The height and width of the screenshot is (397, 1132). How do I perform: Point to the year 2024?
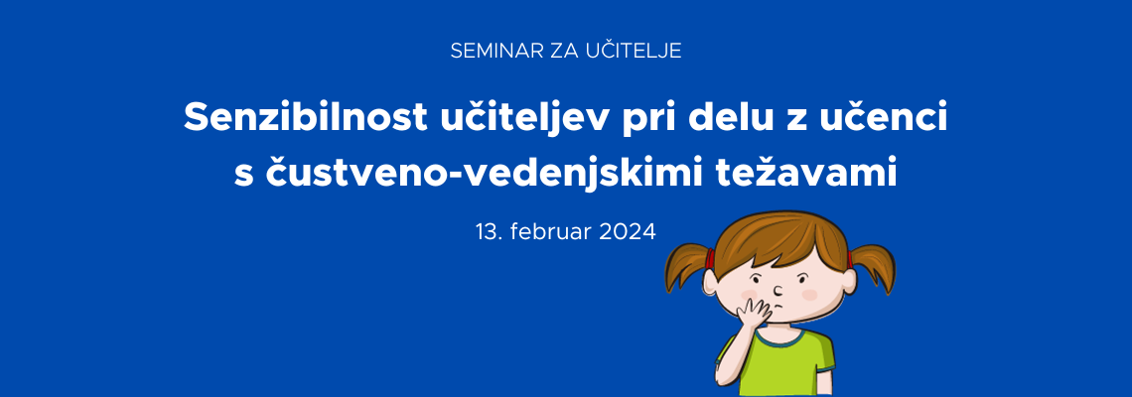click(x=628, y=231)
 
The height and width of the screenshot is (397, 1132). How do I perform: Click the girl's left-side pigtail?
click(x=687, y=266)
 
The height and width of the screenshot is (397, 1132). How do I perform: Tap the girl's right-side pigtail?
click(x=874, y=267)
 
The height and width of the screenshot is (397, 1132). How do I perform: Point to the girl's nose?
click(x=778, y=290)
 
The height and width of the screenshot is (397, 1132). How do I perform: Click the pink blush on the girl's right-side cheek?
click(x=809, y=295)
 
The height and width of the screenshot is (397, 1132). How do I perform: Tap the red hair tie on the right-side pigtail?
click(x=850, y=257)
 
